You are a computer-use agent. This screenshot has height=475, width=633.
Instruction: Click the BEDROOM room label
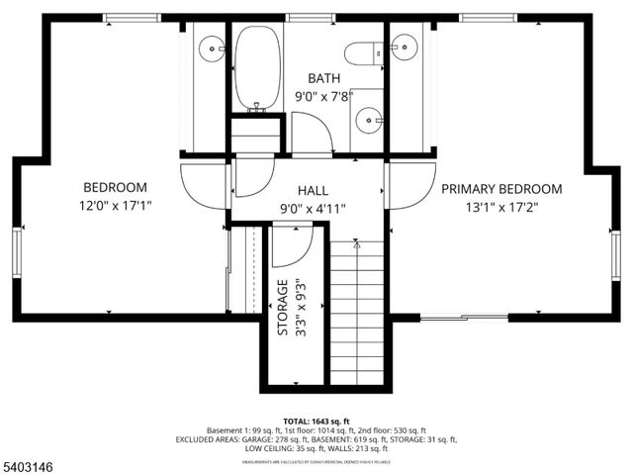(x=115, y=187)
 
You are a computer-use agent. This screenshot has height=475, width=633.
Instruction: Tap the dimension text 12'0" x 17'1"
(x=115, y=206)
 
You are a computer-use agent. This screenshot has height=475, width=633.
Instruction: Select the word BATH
(x=323, y=78)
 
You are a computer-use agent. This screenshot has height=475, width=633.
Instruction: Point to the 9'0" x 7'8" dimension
(x=323, y=97)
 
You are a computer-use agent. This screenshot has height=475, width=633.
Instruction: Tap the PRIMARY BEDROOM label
(x=501, y=189)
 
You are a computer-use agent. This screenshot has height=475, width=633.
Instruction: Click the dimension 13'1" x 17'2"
(x=501, y=208)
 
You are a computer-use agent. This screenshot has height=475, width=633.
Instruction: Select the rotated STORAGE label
(x=283, y=308)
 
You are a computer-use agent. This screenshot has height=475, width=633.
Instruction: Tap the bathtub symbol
(x=258, y=67)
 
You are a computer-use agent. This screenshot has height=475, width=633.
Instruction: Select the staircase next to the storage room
(x=356, y=312)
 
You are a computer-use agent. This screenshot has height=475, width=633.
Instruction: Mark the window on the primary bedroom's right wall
(x=615, y=253)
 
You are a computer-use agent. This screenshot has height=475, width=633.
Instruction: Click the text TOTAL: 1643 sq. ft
(x=316, y=421)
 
